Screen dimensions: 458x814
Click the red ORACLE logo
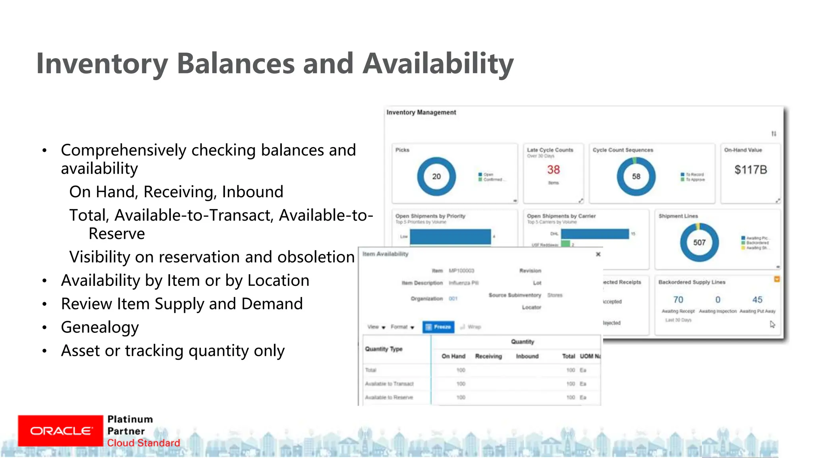coord(60,431)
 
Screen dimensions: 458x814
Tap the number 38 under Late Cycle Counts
coord(553,170)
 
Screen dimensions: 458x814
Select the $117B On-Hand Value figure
coord(750,170)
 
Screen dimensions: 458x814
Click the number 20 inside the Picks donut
coord(436,177)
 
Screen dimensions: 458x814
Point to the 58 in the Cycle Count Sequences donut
coord(636,177)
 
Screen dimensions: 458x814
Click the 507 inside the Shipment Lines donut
coord(699,243)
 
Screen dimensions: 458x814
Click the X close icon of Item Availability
coord(598,254)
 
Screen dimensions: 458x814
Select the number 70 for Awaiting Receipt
coord(678,300)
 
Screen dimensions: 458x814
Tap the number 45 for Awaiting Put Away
coord(757,300)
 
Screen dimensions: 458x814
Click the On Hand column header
coord(453,356)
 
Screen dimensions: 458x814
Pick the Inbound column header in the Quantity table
coord(527,356)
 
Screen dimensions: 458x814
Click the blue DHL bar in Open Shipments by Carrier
coord(595,234)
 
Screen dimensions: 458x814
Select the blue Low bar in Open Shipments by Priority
coord(450,237)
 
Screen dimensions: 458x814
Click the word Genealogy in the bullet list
coord(100,327)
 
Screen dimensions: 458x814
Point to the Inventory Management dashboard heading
coord(421,113)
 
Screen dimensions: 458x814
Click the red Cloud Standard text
coord(143,443)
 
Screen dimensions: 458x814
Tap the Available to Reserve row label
coord(389,397)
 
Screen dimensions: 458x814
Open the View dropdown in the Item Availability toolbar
coord(376,327)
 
